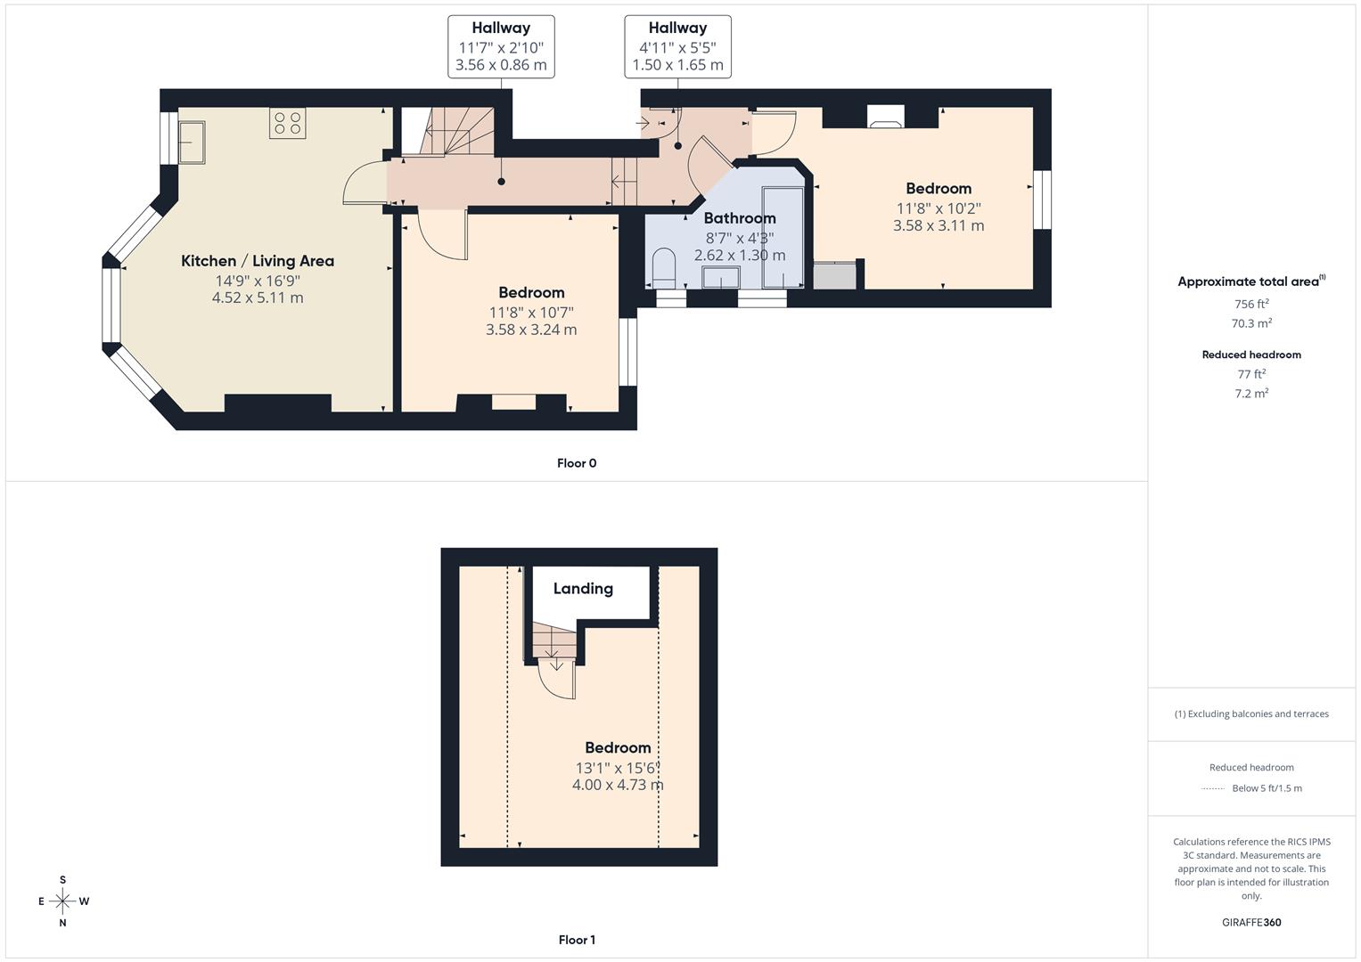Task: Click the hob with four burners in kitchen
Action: coord(287,123)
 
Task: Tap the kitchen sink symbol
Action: coord(192,143)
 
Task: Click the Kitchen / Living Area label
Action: coord(258,261)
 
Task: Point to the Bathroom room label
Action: coord(740,218)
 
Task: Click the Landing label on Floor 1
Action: coord(583,589)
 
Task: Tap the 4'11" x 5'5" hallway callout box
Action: coord(677,46)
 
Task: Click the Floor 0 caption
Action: coord(577,463)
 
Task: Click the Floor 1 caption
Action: coord(577,940)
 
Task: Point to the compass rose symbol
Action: coord(62,901)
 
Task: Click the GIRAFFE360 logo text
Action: coord(1251,923)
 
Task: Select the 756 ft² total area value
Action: coord(1251,304)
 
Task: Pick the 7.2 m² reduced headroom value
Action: coord(1251,394)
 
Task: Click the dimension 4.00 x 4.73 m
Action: coord(618,786)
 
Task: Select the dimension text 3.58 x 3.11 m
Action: coord(939,226)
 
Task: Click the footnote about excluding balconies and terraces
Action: coord(1251,714)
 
